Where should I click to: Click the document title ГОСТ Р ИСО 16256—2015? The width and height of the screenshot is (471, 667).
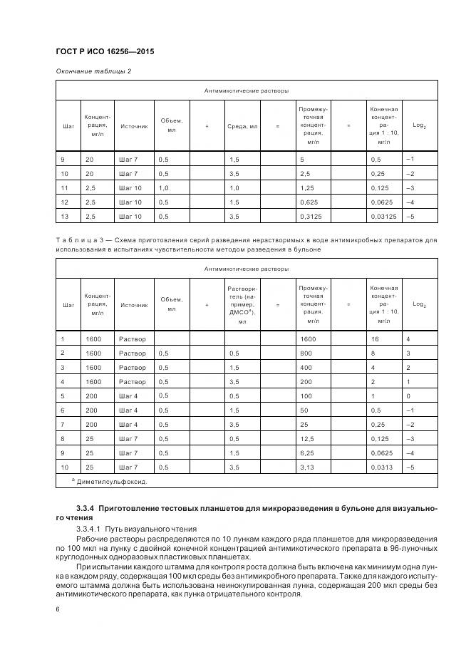click(105, 53)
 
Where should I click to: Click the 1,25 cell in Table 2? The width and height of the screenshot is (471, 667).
click(308, 188)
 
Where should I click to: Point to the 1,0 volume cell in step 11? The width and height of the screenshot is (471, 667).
click(164, 188)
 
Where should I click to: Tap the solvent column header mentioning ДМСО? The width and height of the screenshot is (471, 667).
click(242, 304)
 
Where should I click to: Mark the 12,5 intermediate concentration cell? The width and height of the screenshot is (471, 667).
click(309, 438)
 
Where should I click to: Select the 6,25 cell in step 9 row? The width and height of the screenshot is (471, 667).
click(309, 453)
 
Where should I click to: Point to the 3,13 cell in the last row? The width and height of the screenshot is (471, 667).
click(309, 467)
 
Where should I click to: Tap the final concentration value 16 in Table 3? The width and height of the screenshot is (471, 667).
click(375, 339)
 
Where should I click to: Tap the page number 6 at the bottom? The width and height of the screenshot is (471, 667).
click(58, 609)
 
